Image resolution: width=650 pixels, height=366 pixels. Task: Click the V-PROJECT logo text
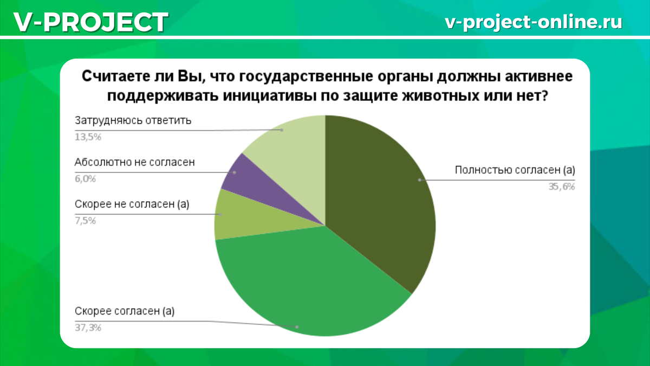91,22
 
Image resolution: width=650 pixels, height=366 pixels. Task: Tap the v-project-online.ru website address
534,22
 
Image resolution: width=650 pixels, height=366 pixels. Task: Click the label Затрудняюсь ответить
133,120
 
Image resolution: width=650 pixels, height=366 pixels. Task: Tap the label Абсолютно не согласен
135,162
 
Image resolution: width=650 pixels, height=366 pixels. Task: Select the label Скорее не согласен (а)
132,204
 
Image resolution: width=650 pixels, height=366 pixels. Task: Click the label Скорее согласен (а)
125,311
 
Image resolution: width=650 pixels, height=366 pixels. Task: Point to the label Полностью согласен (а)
515,170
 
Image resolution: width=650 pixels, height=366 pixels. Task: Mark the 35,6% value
562,187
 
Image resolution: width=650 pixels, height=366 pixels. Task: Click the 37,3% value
88,328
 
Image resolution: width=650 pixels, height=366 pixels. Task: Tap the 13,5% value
88,137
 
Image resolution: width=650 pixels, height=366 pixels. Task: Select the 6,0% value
86,178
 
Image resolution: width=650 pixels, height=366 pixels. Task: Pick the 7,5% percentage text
86,221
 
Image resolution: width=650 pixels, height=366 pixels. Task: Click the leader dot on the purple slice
235,172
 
